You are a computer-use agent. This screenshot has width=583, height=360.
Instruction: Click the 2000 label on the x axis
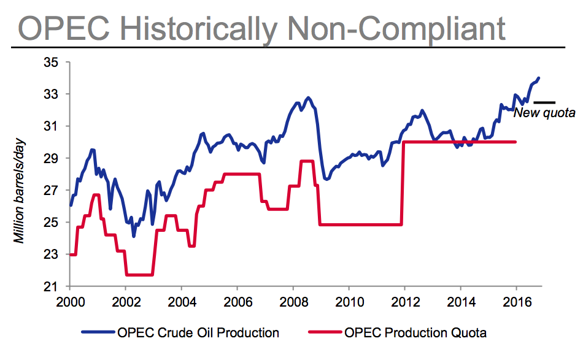click(x=69, y=302)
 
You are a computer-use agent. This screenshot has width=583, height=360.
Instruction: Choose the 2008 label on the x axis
click(x=293, y=302)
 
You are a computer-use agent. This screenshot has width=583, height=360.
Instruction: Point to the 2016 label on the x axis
click(x=515, y=302)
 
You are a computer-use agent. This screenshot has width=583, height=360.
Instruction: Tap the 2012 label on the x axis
click(x=404, y=302)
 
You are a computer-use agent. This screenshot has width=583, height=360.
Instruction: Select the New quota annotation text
click(x=544, y=113)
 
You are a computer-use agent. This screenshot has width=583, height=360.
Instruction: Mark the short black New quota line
click(x=544, y=102)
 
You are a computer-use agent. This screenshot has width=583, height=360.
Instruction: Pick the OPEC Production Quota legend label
click(x=416, y=333)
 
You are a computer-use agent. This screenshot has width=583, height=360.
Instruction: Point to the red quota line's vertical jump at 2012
click(x=403, y=184)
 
